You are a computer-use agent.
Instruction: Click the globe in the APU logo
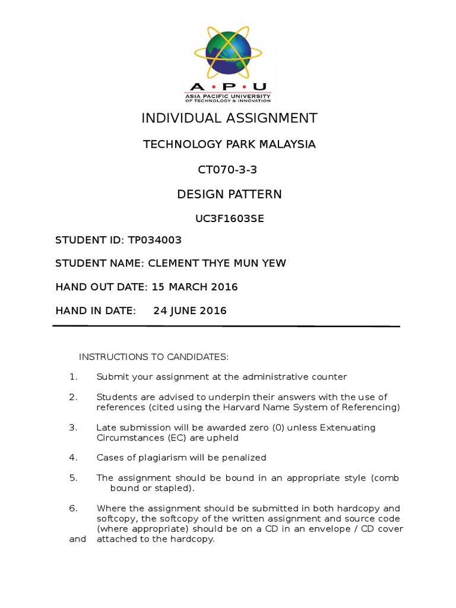tap(229, 53)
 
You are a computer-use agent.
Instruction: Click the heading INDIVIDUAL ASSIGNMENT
tap(229, 118)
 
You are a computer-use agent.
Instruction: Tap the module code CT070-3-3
tap(228, 170)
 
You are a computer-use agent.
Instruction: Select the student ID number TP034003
tap(154, 240)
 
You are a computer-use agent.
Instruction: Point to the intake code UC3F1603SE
tap(229, 218)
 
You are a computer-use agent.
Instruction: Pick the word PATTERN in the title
tap(255, 195)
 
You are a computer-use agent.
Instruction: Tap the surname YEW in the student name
tap(275, 263)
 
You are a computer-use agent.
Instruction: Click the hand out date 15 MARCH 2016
tap(195, 287)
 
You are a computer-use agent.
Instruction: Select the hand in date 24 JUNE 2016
tap(190, 311)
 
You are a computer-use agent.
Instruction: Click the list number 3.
tap(74, 427)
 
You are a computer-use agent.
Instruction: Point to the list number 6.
tap(74, 508)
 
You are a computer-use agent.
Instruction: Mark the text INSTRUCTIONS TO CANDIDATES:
tap(154, 357)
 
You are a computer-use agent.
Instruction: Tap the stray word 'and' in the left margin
tap(78, 539)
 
